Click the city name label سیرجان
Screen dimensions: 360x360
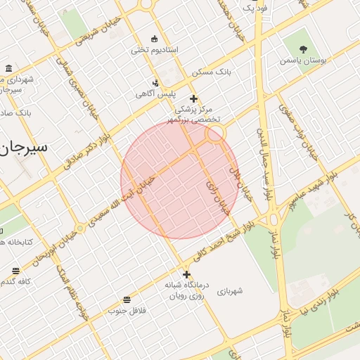(x=25, y=148)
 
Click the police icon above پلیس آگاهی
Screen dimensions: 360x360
(x=155, y=82)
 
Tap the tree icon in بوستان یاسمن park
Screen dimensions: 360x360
(x=303, y=49)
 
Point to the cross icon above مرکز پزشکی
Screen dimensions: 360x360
(x=193, y=99)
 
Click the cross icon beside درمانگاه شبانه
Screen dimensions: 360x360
(x=186, y=274)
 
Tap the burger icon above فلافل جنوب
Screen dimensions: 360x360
(x=126, y=299)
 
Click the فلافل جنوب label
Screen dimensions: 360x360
(x=126, y=310)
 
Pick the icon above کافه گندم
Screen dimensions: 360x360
(x=15, y=271)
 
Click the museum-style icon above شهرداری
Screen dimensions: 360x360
(x=8, y=68)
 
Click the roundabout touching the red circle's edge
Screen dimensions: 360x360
(x=215, y=133)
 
